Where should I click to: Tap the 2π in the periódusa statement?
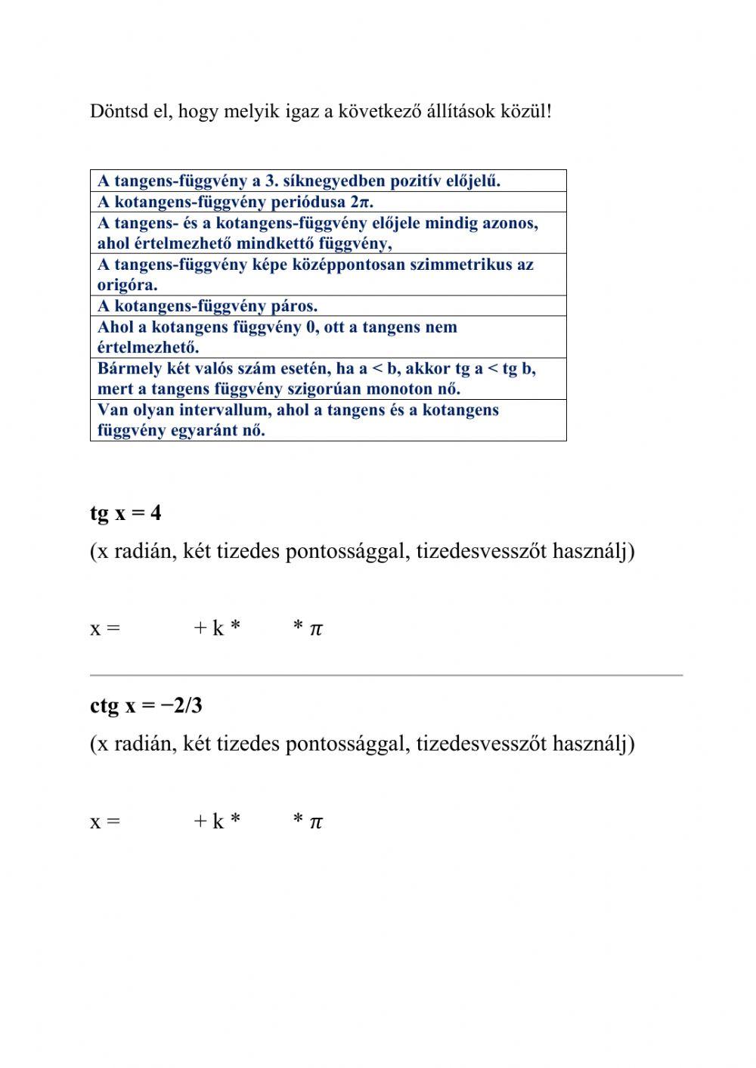point(361,203)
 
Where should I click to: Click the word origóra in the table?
point(125,286)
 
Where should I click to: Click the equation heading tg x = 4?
point(125,513)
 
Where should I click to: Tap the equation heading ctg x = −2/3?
point(146,706)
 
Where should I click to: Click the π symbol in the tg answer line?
point(316,629)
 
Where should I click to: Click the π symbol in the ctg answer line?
point(316,822)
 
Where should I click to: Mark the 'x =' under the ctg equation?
point(105,822)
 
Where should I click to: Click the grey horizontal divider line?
point(386,675)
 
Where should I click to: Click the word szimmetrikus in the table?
point(463,265)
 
